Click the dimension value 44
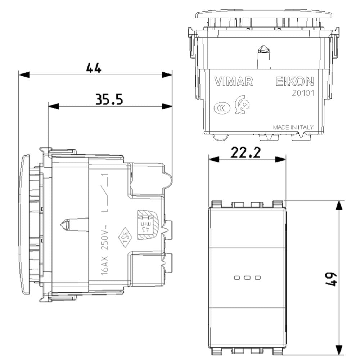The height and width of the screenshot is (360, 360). coord(94,68)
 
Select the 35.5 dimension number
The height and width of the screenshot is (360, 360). coord(109,99)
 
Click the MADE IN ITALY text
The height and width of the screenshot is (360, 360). coord(293,127)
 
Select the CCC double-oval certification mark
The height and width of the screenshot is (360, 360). coord(220,108)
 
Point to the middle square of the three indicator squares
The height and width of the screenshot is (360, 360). coord(247,278)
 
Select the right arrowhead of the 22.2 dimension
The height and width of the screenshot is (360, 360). coord(281,159)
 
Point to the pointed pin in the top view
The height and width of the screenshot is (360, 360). coord(264,54)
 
